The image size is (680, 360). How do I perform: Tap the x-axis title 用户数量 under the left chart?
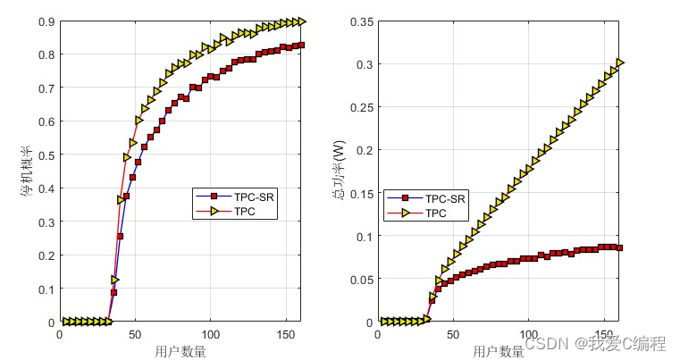click(x=180, y=351)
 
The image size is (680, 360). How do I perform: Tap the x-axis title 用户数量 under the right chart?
click(x=498, y=351)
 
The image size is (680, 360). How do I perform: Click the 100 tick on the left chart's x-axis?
click(x=210, y=333)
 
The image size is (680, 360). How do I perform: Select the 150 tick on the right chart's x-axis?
click(x=604, y=333)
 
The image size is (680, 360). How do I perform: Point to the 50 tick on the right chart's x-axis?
click(x=453, y=333)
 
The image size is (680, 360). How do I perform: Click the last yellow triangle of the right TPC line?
click(x=619, y=63)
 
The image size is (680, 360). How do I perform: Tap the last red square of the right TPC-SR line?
click(x=619, y=247)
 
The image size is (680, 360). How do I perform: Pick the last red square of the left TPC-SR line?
click(x=301, y=46)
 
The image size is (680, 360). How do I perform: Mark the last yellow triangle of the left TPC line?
click(x=301, y=21)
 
